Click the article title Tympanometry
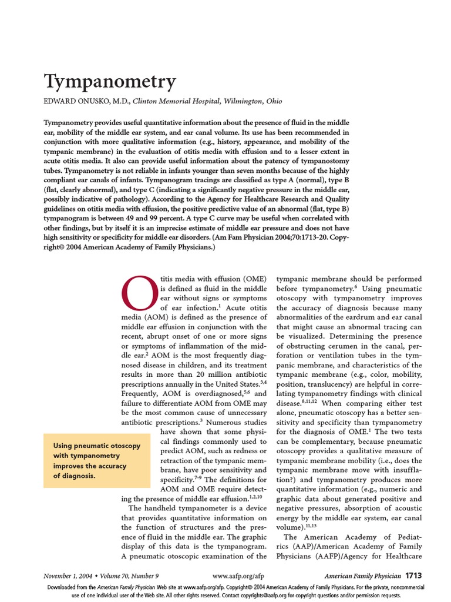[x=110, y=82]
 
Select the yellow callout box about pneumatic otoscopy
[x=97, y=460]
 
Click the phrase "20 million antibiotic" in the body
[x=228, y=373]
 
